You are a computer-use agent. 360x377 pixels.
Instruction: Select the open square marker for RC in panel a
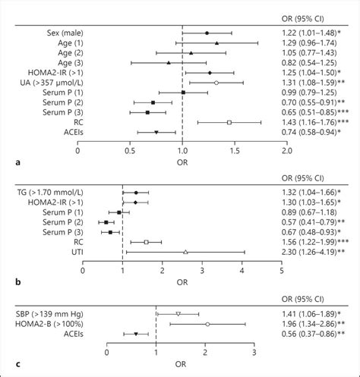coord(229,121)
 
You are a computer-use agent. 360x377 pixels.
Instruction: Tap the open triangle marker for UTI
coord(185,252)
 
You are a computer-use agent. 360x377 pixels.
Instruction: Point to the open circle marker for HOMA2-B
coord(207,324)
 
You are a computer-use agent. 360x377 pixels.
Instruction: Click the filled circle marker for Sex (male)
coord(207,33)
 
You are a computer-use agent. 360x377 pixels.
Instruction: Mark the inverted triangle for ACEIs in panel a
coord(156,132)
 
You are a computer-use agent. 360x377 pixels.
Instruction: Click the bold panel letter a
coord(7,162)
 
